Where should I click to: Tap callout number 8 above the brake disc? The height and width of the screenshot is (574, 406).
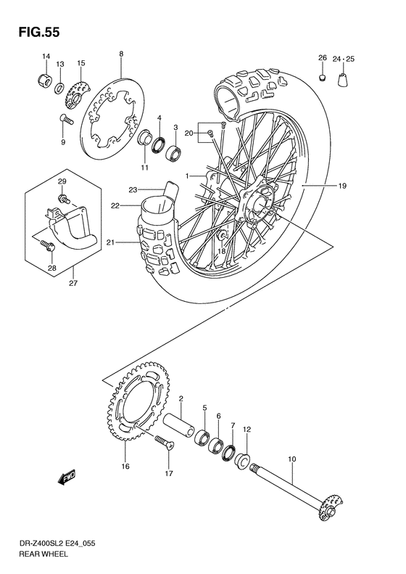pyautogui.click(x=121, y=54)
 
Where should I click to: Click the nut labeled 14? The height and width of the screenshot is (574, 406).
pyautogui.click(x=43, y=78)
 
